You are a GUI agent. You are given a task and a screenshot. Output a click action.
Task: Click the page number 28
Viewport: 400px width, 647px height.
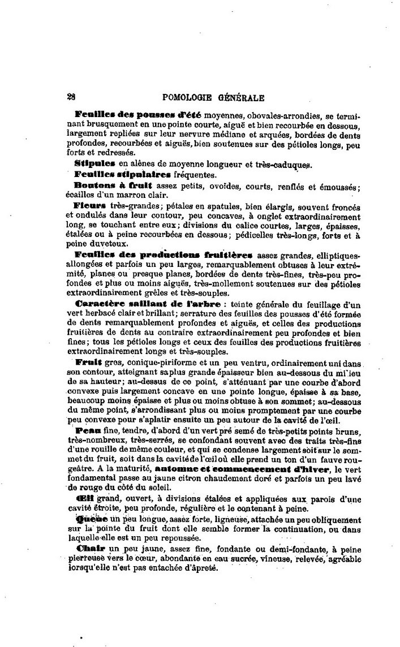71,97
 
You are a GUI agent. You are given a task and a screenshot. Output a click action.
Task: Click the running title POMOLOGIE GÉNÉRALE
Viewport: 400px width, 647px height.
209,97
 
